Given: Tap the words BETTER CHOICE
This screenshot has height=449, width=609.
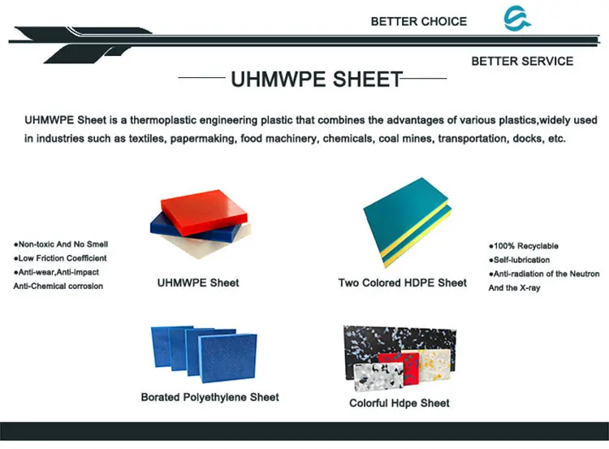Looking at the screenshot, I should pos(418,21).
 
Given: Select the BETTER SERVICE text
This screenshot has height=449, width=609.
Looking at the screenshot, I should pos(521,61).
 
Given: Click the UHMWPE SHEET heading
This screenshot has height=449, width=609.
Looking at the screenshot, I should pos(316,79).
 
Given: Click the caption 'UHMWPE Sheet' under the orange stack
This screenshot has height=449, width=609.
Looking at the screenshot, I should pos(197,283).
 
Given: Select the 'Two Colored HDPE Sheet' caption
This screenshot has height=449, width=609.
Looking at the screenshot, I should pos(403,283).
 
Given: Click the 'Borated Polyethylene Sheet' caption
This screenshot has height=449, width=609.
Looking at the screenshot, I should pos(209,397).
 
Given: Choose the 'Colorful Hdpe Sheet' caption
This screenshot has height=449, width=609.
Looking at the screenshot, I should pos(399,403).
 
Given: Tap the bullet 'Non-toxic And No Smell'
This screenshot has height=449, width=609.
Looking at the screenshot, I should pos(63,244).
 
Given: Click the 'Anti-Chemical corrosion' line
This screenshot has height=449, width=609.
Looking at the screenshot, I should pos(58,287).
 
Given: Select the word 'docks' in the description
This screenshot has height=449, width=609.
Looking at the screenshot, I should pos(527,139).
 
